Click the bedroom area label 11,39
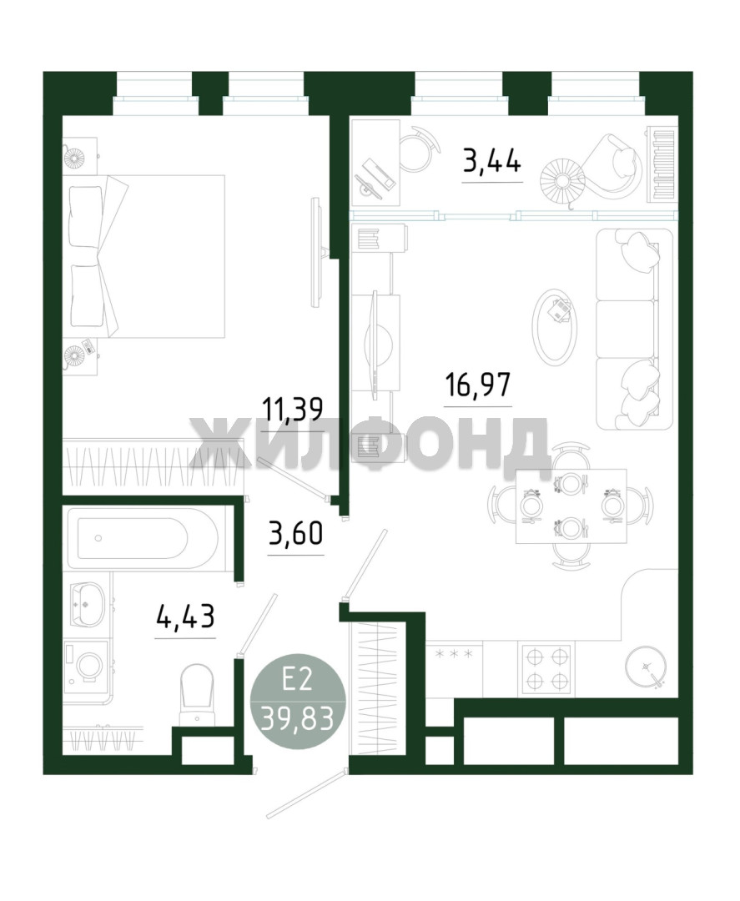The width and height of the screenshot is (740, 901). click(x=293, y=409)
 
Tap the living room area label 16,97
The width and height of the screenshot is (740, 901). click(x=478, y=385)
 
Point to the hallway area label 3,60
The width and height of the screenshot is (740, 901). click(x=296, y=532)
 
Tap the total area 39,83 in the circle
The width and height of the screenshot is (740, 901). click(x=298, y=717)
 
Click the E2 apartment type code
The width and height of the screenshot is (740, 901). click(x=298, y=682)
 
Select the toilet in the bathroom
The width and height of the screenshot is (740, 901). click(x=196, y=695)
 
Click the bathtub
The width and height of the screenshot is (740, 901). click(x=141, y=538)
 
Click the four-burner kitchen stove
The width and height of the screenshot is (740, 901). click(x=546, y=667)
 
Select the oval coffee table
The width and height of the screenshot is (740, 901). click(x=555, y=325)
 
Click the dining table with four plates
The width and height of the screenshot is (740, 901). click(x=571, y=506)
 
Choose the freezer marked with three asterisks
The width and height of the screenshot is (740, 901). click(x=455, y=669)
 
